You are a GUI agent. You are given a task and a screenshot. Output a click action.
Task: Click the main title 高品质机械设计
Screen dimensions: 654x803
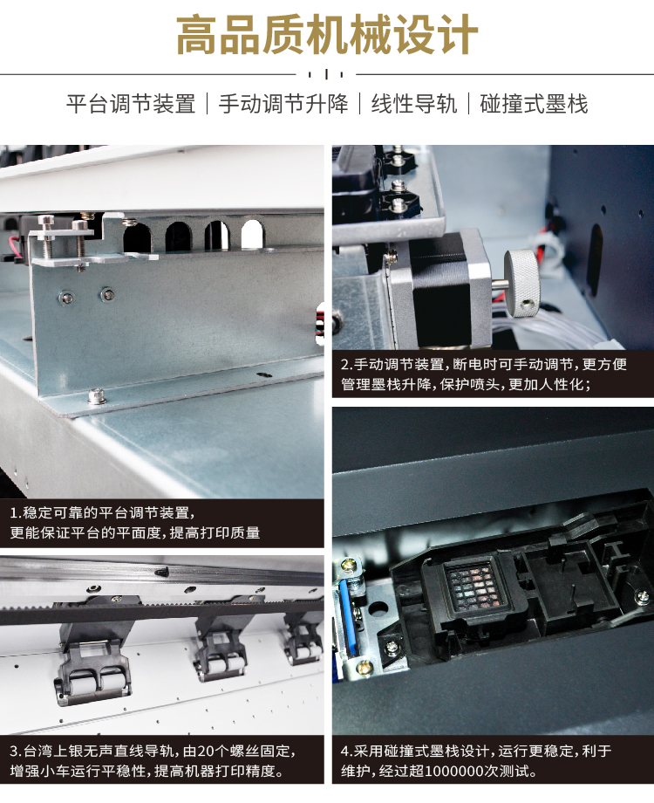click(327, 35)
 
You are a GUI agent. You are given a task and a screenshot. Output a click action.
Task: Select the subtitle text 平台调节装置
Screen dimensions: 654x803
click(131, 104)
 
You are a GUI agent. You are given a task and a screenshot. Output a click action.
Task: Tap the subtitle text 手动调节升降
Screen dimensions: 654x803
click(283, 104)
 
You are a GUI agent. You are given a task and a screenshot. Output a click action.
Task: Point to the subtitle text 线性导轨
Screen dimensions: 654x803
click(413, 104)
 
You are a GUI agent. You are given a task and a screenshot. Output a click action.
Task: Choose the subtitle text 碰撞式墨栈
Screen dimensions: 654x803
click(534, 104)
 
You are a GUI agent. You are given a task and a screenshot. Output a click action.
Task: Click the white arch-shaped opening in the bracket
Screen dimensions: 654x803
click(252, 234)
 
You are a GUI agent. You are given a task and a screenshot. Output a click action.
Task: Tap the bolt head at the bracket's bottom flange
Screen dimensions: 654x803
click(96, 396)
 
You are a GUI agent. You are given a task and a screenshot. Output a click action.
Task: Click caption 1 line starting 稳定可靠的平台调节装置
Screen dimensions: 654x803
click(102, 512)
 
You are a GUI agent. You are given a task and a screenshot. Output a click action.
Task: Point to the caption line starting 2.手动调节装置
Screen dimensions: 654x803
click(484, 364)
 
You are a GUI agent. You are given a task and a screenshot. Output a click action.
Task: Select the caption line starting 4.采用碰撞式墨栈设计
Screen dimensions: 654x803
click(476, 752)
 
